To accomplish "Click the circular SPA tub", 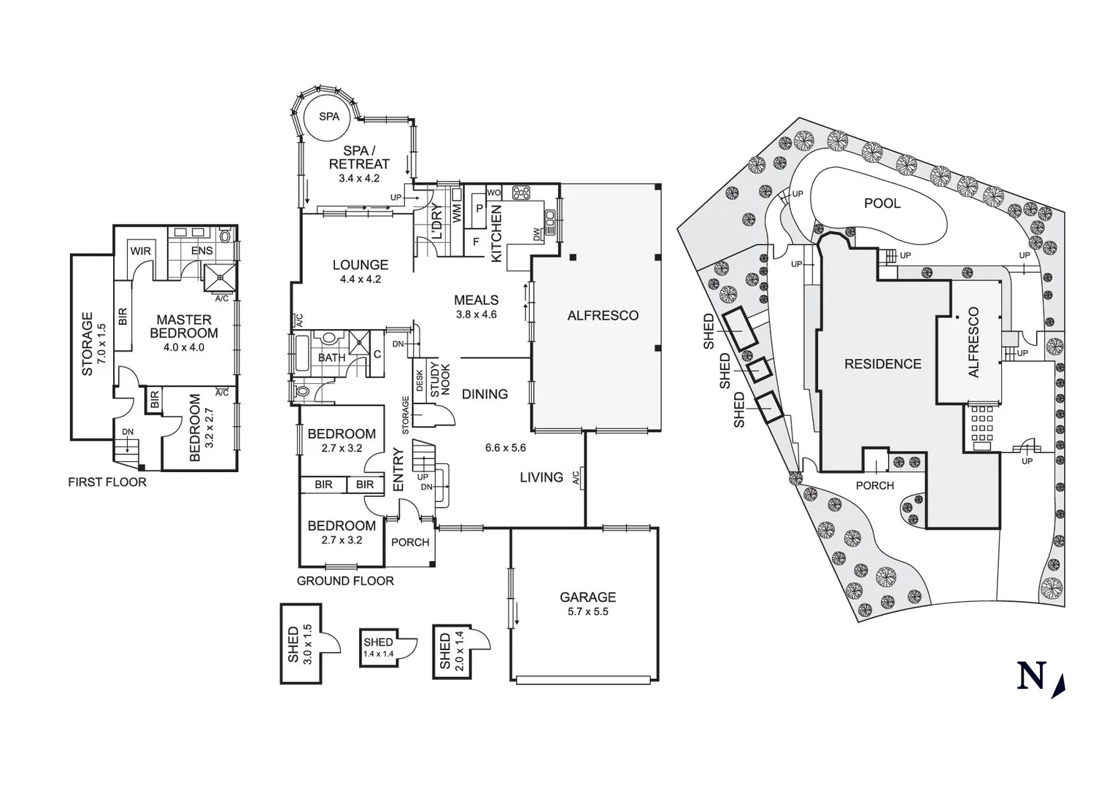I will (328, 117).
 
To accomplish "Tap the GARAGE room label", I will (587, 597).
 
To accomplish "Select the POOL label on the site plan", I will (882, 203).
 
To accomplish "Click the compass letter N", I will (1031, 676).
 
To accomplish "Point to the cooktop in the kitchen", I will (521, 193).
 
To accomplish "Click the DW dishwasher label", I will (538, 235).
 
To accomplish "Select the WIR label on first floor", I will (140, 251).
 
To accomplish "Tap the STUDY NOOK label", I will (440, 380).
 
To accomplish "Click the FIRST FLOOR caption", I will (107, 482).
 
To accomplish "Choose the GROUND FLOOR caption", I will (345, 581).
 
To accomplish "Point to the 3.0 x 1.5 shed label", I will (300, 644).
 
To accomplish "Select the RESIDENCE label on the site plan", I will (882, 363).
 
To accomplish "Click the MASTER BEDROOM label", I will (184, 326).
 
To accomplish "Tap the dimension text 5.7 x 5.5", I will (587, 611).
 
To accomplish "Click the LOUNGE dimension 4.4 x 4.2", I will (360, 279).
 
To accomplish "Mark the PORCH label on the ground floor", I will (410, 542).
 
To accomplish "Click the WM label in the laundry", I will (457, 213).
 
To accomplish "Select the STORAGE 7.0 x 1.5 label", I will (93, 344).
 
